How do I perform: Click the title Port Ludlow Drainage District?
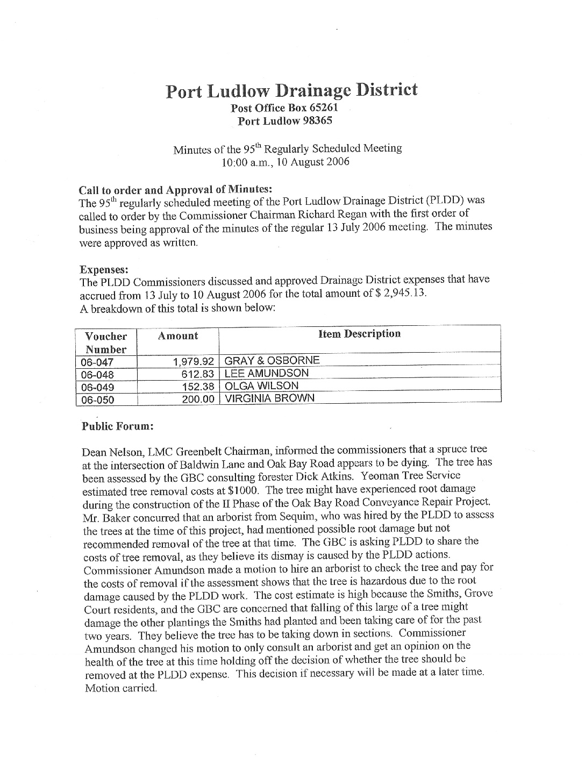291,90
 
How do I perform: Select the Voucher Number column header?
106,342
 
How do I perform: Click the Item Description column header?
359,334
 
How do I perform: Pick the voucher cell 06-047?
97,362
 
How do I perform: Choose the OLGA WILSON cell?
261,386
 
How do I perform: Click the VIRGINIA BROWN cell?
269,398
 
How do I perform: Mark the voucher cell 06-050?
97,399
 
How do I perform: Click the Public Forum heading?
118,426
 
